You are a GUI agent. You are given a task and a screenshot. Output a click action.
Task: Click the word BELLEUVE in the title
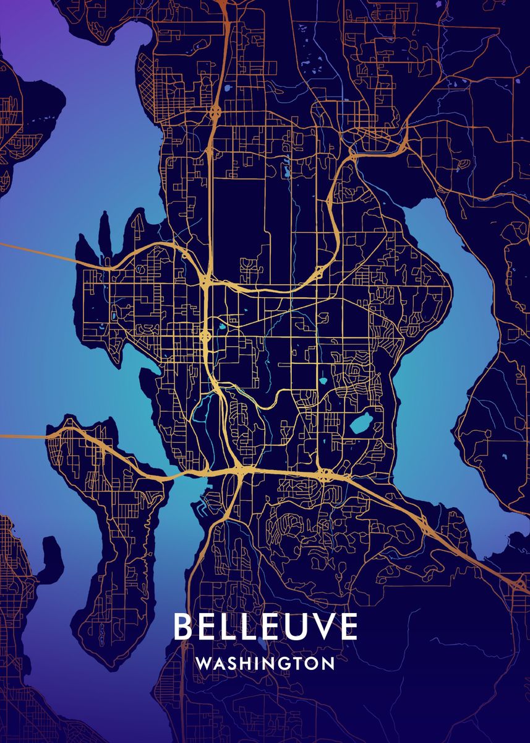pos(265,627)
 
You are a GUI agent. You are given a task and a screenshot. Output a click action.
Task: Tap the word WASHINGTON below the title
pos(265,663)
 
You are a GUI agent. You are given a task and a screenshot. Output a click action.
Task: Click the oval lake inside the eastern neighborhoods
pos(359,424)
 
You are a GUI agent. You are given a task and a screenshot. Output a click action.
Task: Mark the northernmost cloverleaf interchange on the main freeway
pos(215,112)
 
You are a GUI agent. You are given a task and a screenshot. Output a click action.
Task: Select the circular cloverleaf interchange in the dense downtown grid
pos(205,336)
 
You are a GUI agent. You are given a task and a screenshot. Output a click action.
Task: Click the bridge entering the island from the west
pos(25,437)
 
